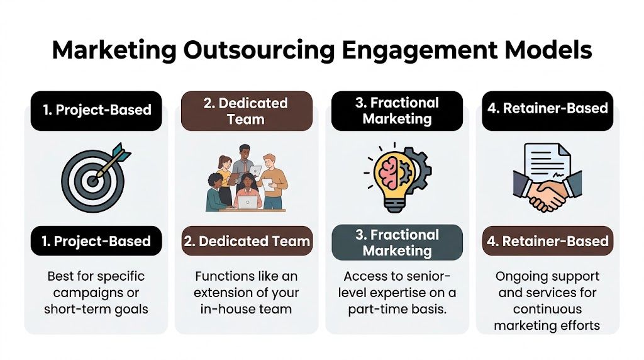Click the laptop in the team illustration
(247, 201)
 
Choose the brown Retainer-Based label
(547, 241)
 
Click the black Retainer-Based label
(547, 109)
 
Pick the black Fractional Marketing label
(397, 111)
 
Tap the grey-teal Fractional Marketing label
(397, 243)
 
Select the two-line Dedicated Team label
(247, 111)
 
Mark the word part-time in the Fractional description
(374, 309)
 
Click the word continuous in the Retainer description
(547, 309)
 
